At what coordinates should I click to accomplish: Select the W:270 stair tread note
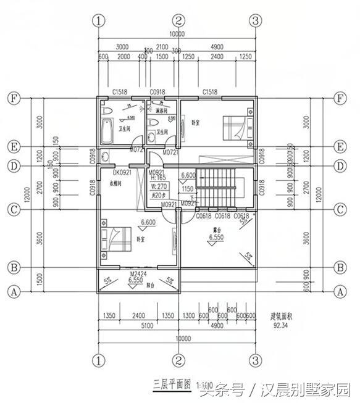point(160,185)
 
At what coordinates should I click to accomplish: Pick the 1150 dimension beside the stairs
point(188,189)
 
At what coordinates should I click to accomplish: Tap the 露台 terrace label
point(216,228)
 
